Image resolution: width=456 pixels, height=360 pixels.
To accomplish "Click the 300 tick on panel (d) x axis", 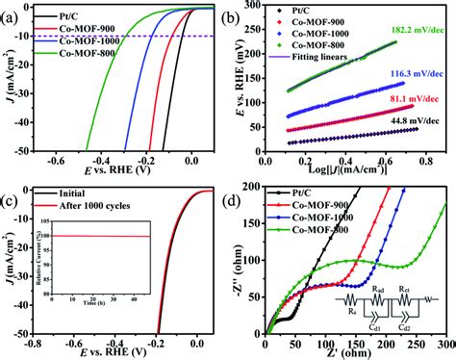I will [444, 345].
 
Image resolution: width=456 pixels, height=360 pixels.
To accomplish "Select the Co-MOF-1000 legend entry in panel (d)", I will [318, 218].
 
